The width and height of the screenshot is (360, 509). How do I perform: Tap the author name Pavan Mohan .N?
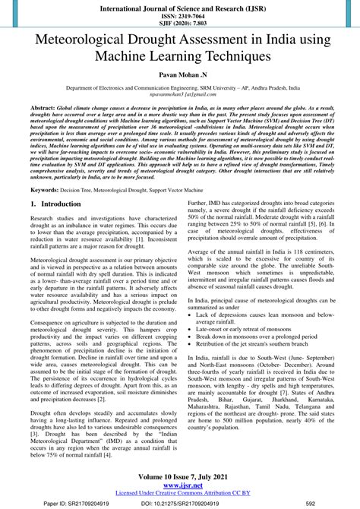[179, 77]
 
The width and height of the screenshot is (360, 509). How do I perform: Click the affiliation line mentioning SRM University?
[179, 89]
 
